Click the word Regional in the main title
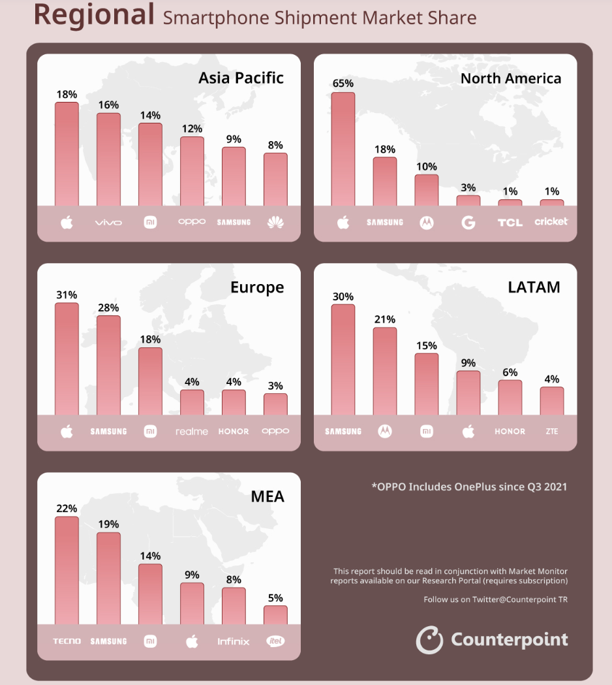pos(94,14)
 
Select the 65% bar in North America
pos(343,149)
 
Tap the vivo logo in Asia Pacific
pos(108,223)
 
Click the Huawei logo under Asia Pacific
pos(275,223)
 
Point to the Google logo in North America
pos(468,223)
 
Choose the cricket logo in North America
pos(551,221)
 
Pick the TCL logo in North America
pos(510,223)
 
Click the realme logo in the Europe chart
pos(192,432)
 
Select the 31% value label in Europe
pos(67,295)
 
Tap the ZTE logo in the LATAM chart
pos(552,432)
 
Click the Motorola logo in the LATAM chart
pos(385,431)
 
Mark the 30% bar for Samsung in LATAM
pos(343,359)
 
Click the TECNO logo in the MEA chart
pos(67,641)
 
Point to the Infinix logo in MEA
pos(234,641)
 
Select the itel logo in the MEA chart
pos(275,641)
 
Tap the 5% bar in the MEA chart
pos(275,614)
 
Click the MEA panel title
pos(268,497)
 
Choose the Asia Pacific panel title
pos(241,78)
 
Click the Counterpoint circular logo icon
pos(429,640)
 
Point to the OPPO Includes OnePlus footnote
pos(469,486)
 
